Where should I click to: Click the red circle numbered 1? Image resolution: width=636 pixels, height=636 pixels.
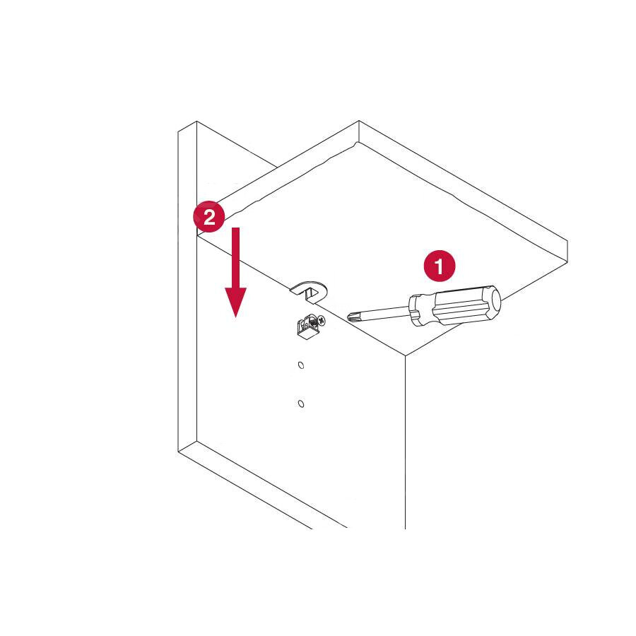(440, 266)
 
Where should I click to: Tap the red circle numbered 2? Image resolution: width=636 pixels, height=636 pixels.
(209, 217)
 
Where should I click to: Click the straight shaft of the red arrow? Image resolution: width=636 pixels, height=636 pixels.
(235, 257)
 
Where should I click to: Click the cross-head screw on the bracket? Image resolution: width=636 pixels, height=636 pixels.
(322, 320)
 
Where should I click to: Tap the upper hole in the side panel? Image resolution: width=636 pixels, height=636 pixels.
(301, 365)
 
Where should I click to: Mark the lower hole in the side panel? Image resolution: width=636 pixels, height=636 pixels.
(301, 404)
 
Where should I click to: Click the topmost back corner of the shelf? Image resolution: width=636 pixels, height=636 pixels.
(359, 120)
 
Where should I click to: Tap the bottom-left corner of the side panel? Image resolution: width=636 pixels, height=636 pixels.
(178, 452)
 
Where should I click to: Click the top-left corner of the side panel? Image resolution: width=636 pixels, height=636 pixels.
(178, 131)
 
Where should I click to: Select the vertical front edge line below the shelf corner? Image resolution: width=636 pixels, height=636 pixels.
(405, 442)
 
